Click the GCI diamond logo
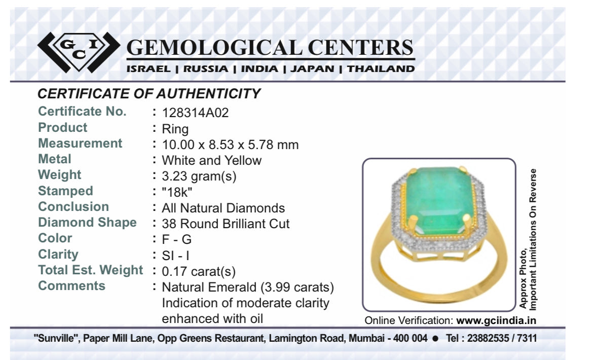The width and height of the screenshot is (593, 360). pyautogui.click(x=79, y=52)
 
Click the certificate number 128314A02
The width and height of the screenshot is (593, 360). pyautogui.click(x=195, y=113)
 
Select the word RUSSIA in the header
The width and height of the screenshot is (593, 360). pyautogui.click(x=206, y=69)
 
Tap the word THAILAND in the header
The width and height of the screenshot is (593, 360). pyautogui.click(x=381, y=69)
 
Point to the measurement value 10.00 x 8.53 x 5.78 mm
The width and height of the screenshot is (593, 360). pyautogui.click(x=230, y=145)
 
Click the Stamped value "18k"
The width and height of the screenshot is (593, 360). pyautogui.click(x=177, y=192)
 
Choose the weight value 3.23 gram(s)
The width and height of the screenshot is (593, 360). pyautogui.click(x=199, y=176)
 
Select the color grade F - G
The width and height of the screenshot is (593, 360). pyautogui.click(x=176, y=239)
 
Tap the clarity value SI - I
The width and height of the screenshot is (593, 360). pyautogui.click(x=175, y=256)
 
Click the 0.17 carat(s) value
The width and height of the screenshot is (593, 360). pyautogui.click(x=199, y=271)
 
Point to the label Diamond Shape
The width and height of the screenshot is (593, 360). pyautogui.click(x=87, y=223)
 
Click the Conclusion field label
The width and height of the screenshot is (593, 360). pyautogui.click(x=73, y=206)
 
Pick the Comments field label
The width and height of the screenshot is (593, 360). pyautogui.click(x=71, y=285)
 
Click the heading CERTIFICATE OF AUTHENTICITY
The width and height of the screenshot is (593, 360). pyautogui.click(x=149, y=93)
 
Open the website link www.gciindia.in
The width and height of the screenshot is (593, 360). pyautogui.click(x=496, y=320)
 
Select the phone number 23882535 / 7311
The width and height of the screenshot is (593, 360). pyautogui.click(x=502, y=338)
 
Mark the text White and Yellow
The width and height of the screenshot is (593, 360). pyautogui.click(x=212, y=160)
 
